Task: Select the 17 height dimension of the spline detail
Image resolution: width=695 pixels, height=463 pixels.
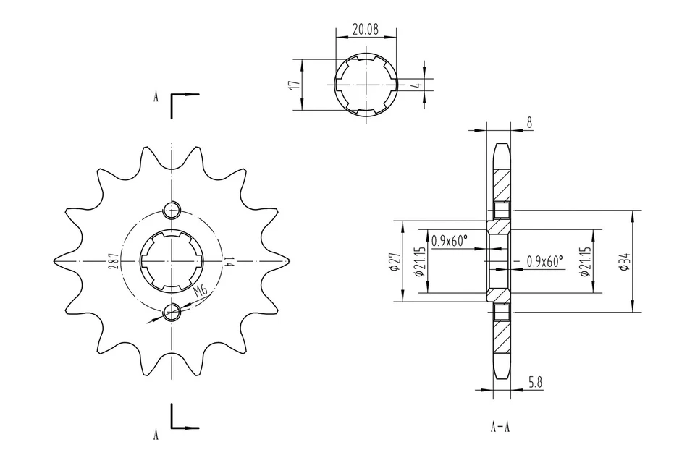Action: (293, 85)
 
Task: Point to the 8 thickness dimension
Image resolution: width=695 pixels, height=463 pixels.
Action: (529, 123)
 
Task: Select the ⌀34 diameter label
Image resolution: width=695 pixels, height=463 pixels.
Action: (624, 261)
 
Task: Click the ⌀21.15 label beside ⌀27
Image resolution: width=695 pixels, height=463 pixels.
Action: (418, 261)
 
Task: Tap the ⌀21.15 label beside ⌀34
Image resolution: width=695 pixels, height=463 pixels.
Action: (586, 261)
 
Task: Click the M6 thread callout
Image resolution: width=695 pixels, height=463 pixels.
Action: (201, 291)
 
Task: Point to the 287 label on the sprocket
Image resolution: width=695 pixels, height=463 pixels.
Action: (114, 261)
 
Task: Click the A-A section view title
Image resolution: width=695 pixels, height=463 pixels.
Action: (500, 427)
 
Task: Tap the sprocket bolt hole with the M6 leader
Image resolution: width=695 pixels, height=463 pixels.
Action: (172, 312)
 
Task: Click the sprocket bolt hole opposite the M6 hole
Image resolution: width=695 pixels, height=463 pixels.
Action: (172, 211)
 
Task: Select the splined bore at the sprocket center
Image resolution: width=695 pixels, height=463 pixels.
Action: (172, 261)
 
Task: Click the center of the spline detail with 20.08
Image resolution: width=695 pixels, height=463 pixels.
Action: (366, 84)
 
